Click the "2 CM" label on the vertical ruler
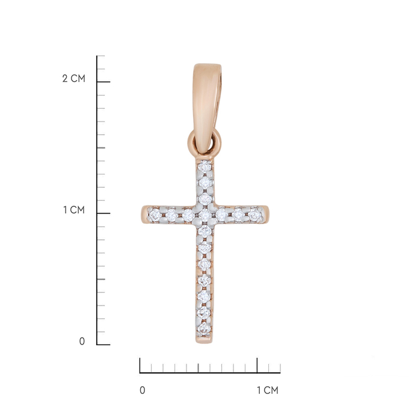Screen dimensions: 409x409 74,79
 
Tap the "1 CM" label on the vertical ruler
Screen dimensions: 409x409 75,210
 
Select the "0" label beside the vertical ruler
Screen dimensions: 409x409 82,342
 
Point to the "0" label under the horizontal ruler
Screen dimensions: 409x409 143,390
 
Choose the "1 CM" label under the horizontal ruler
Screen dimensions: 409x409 268,390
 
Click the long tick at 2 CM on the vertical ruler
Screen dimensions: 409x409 103,82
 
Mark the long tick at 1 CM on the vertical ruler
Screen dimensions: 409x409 103,214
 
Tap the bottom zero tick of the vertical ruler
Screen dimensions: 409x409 103,345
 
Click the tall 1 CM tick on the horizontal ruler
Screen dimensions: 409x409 257,365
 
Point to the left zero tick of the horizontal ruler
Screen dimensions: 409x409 140,365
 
